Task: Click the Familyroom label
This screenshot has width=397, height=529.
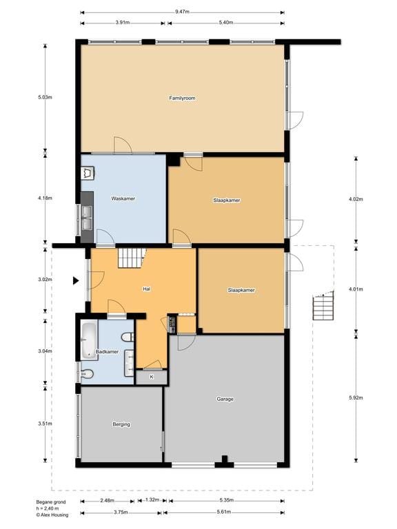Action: point(183,98)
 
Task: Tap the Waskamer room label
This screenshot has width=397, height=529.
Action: point(123,198)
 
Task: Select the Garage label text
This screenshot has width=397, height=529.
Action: point(225,399)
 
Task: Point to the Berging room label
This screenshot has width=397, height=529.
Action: point(121,424)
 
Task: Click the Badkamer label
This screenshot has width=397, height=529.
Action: point(107,352)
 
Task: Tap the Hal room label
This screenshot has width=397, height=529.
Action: point(147,289)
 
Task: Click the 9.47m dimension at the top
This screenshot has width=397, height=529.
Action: point(182,12)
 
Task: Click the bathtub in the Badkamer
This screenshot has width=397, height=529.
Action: point(88,340)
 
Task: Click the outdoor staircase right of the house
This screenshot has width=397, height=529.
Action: point(322,306)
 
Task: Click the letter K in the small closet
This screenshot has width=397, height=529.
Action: point(151,377)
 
